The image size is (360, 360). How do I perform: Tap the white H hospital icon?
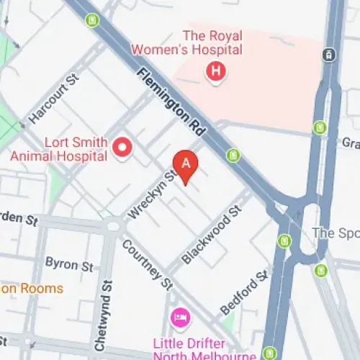click(214, 71)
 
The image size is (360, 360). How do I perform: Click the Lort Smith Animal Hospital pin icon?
click(122, 148)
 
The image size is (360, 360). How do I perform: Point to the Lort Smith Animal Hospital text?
click(59, 148)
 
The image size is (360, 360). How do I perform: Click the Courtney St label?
click(147, 264)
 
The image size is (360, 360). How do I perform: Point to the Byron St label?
click(69, 264)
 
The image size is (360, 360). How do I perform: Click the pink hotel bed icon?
click(179, 317)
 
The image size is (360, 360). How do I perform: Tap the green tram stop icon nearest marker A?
click(233, 155)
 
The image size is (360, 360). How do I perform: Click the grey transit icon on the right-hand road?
click(328, 54)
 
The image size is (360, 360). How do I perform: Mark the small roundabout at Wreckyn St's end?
click(113, 225)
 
